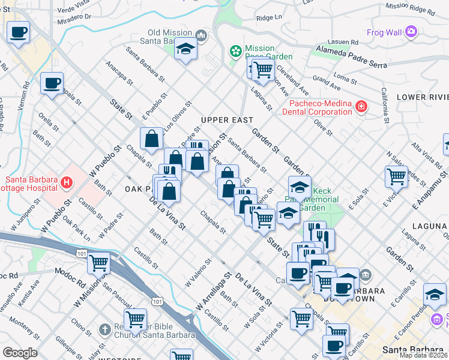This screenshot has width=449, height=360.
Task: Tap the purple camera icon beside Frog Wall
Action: coord(411,31)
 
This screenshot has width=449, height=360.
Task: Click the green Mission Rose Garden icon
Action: coord(237,51)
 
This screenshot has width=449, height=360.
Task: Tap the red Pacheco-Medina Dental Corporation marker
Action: coord(361,107)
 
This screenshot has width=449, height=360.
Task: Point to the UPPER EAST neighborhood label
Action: coord(228,120)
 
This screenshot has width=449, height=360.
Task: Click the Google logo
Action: coord(20,352)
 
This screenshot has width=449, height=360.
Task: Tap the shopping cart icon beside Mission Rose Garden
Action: coord(262,70)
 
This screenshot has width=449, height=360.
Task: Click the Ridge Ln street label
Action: coord(268,18)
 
